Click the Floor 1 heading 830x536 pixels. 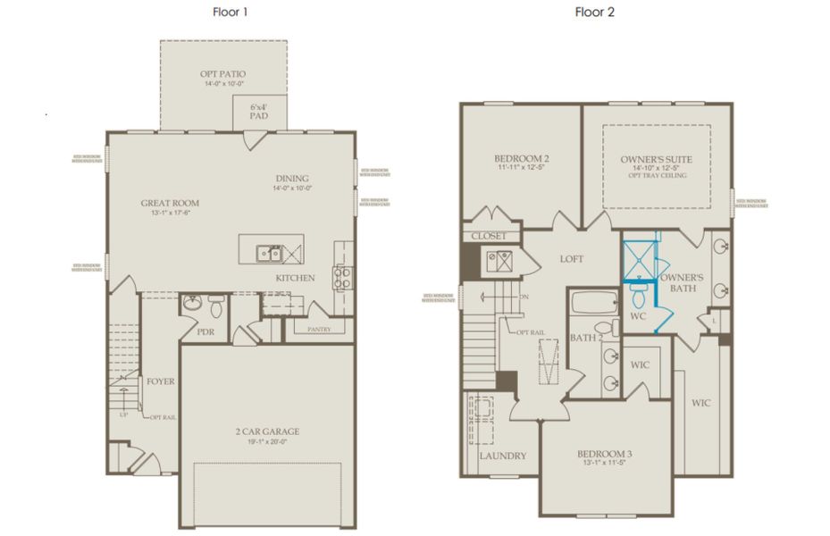231,13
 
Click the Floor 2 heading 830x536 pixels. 595,13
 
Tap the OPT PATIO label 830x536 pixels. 223,74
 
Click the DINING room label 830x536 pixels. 292,178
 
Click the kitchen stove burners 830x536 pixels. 341,278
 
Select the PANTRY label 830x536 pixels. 318,330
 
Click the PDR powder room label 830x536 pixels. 205,331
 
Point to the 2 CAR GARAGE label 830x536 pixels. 267,431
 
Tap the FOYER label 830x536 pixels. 162,381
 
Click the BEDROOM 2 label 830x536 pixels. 521,160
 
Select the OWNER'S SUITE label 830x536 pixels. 656,160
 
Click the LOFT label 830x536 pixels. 571,259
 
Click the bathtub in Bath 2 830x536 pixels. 592,303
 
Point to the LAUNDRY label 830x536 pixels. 502,456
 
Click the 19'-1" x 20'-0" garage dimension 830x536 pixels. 267,442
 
